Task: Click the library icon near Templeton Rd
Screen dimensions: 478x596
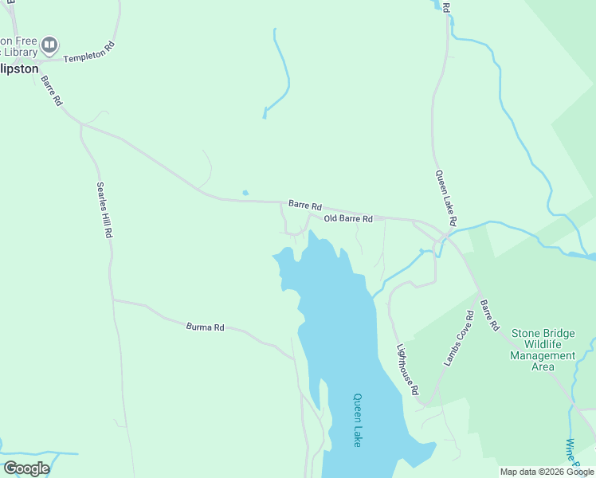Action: pyautogui.click(x=49, y=45)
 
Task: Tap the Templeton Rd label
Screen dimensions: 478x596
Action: pyautogui.click(x=89, y=53)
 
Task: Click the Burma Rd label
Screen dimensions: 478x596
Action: pyautogui.click(x=206, y=327)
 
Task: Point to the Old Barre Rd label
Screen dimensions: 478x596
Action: pyautogui.click(x=348, y=218)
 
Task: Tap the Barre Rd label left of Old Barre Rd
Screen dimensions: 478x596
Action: pyautogui.click(x=304, y=205)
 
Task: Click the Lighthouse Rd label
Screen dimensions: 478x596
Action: pyautogui.click(x=407, y=370)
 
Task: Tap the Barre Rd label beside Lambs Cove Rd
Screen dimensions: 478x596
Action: pyautogui.click(x=489, y=315)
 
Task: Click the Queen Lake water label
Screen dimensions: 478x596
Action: pyautogui.click(x=358, y=420)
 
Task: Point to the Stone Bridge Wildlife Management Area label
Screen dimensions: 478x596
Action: pyautogui.click(x=543, y=350)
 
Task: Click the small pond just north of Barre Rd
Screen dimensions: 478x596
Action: pyautogui.click(x=245, y=192)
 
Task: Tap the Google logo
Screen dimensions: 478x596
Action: pyautogui.click(x=26, y=468)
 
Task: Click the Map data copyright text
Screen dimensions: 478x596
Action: pyautogui.click(x=547, y=472)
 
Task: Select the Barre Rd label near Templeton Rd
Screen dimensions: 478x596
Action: pyautogui.click(x=52, y=91)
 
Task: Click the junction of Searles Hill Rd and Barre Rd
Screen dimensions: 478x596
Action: pyautogui.click(x=81, y=124)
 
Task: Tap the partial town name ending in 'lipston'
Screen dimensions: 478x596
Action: pyautogui.click(x=19, y=69)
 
